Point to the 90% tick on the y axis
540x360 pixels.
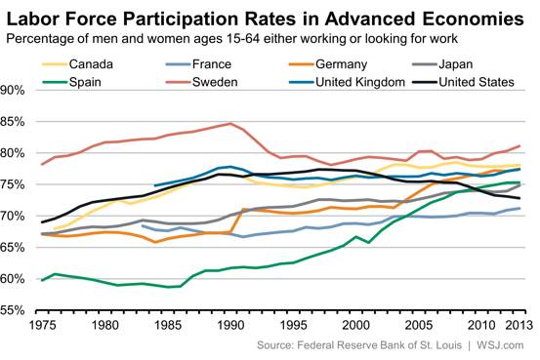coord(17,90)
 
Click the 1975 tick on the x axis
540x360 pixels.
coord(42,325)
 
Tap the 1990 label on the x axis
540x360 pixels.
coord(230,325)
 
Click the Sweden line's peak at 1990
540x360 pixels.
coord(230,124)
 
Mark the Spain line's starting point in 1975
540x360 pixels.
coord(42,280)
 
